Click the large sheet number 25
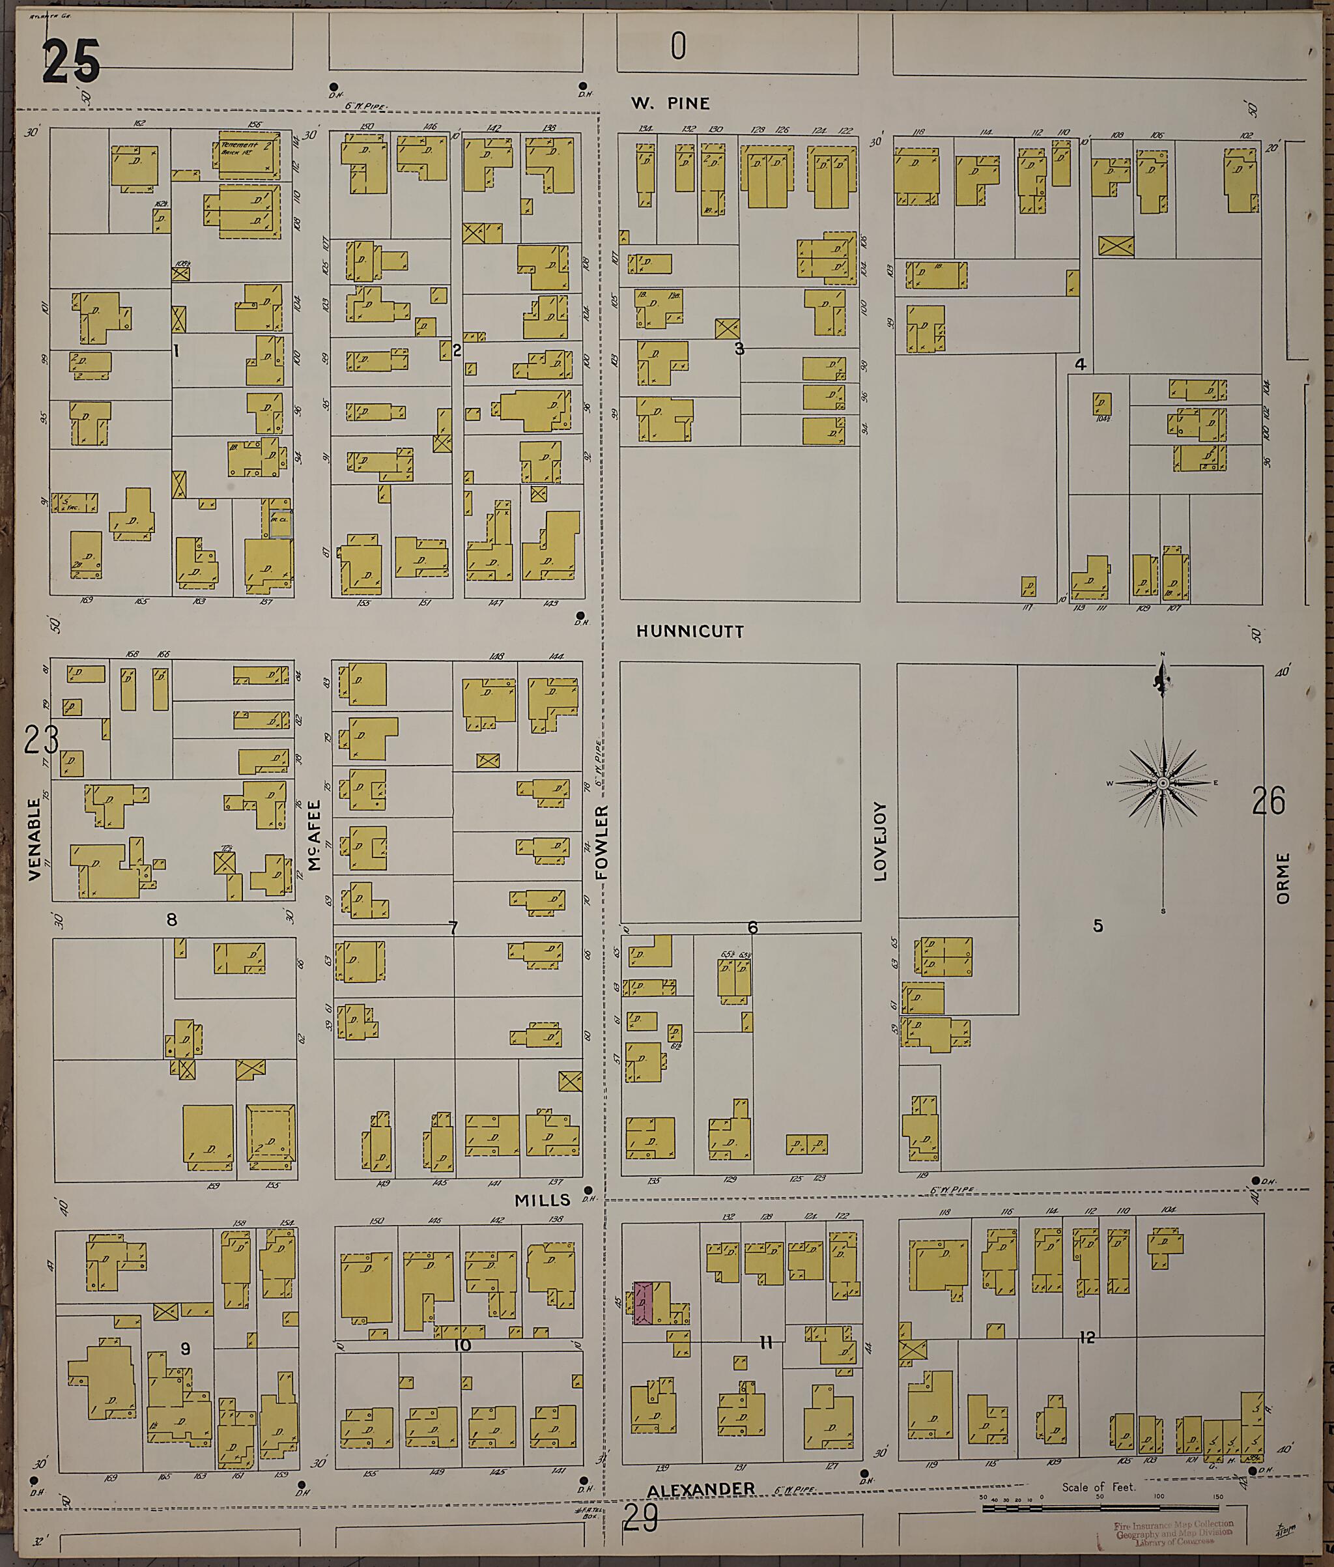(x=71, y=62)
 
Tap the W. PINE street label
(x=671, y=104)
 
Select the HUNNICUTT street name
(x=690, y=631)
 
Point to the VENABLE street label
(x=34, y=839)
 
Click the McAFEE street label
(x=315, y=836)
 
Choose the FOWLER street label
(x=601, y=842)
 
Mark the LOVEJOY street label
(x=879, y=842)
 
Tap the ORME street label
(x=1283, y=878)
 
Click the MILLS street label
(x=542, y=1200)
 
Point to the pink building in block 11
(x=642, y=1303)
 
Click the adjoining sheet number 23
(x=41, y=740)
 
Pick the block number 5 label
(x=1098, y=926)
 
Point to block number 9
(x=185, y=1349)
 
